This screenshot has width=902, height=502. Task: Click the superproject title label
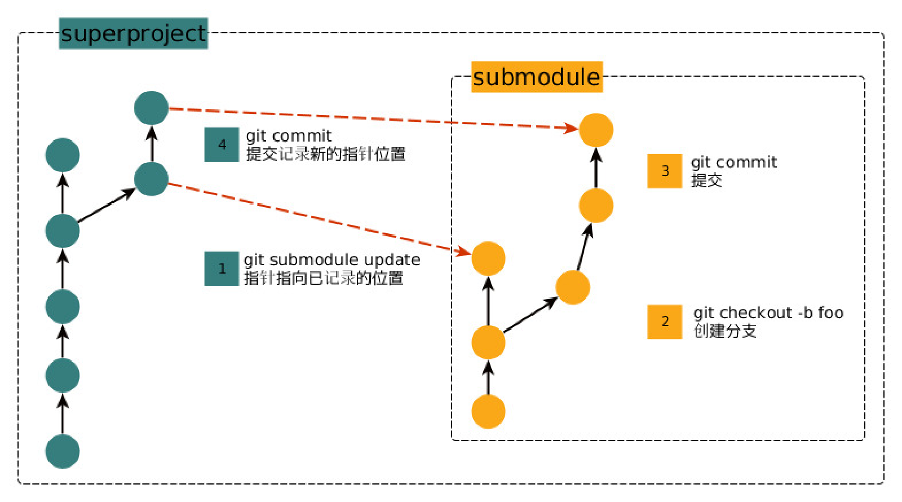click(x=133, y=33)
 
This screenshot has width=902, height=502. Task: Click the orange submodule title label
click(x=536, y=77)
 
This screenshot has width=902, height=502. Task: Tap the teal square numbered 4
click(x=222, y=145)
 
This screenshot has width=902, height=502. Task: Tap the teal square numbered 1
click(x=222, y=268)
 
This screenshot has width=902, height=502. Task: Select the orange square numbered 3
click(x=665, y=171)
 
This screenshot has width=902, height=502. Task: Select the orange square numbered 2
click(x=665, y=322)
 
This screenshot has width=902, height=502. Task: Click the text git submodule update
click(x=331, y=259)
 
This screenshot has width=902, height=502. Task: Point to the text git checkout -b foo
click(x=768, y=312)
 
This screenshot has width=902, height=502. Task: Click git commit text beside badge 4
click(x=289, y=136)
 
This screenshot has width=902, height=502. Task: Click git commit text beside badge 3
click(x=733, y=162)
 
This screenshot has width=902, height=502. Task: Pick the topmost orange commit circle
click(x=596, y=130)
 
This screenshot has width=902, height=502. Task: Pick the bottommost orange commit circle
click(x=488, y=411)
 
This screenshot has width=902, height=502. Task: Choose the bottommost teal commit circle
click(x=62, y=451)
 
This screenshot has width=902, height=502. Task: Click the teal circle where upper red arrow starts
click(x=152, y=108)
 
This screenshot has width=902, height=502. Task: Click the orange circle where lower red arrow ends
click(x=488, y=258)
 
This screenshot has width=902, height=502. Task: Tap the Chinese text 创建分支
click(x=725, y=331)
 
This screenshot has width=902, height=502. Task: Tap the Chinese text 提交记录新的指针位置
click(x=326, y=154)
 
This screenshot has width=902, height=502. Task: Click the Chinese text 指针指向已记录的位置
click(x=324, y=278)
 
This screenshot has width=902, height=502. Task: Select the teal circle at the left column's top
click(x=62, y=155)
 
